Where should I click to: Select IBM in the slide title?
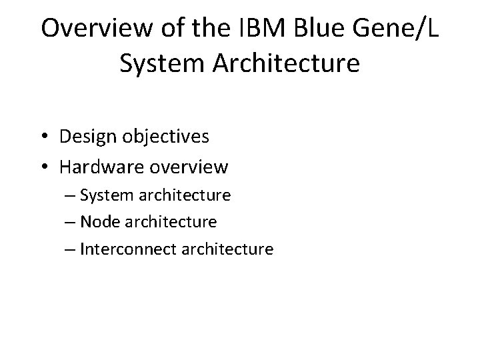(x=247, y=28)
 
